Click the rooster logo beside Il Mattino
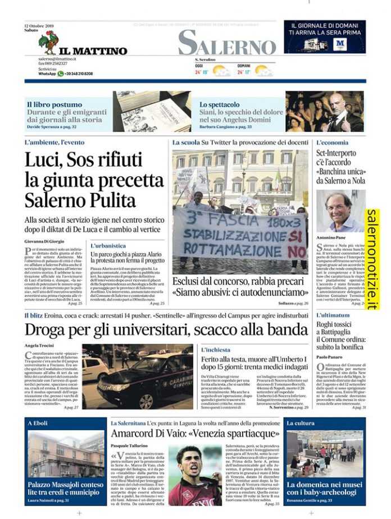point(48,42)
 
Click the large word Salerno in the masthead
point(227,43)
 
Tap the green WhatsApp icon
point(61,74)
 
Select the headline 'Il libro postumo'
point(54,104)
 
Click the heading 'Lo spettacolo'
point(219,104)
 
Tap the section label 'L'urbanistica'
point(108,246)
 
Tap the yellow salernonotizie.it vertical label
point(372,259)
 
